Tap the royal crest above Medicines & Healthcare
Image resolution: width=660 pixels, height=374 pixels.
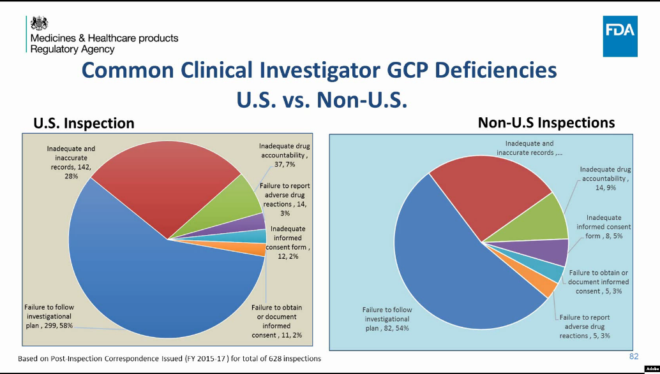[40, 23]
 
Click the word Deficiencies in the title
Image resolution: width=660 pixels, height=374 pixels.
[486, 70]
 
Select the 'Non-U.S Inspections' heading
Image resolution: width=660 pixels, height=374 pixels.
[546, 122]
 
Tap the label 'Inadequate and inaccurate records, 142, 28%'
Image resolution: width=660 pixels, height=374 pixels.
[71, 162]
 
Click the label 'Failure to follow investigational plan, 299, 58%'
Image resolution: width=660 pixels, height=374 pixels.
[49, 316]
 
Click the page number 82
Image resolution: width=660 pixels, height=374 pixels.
[633, 356]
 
